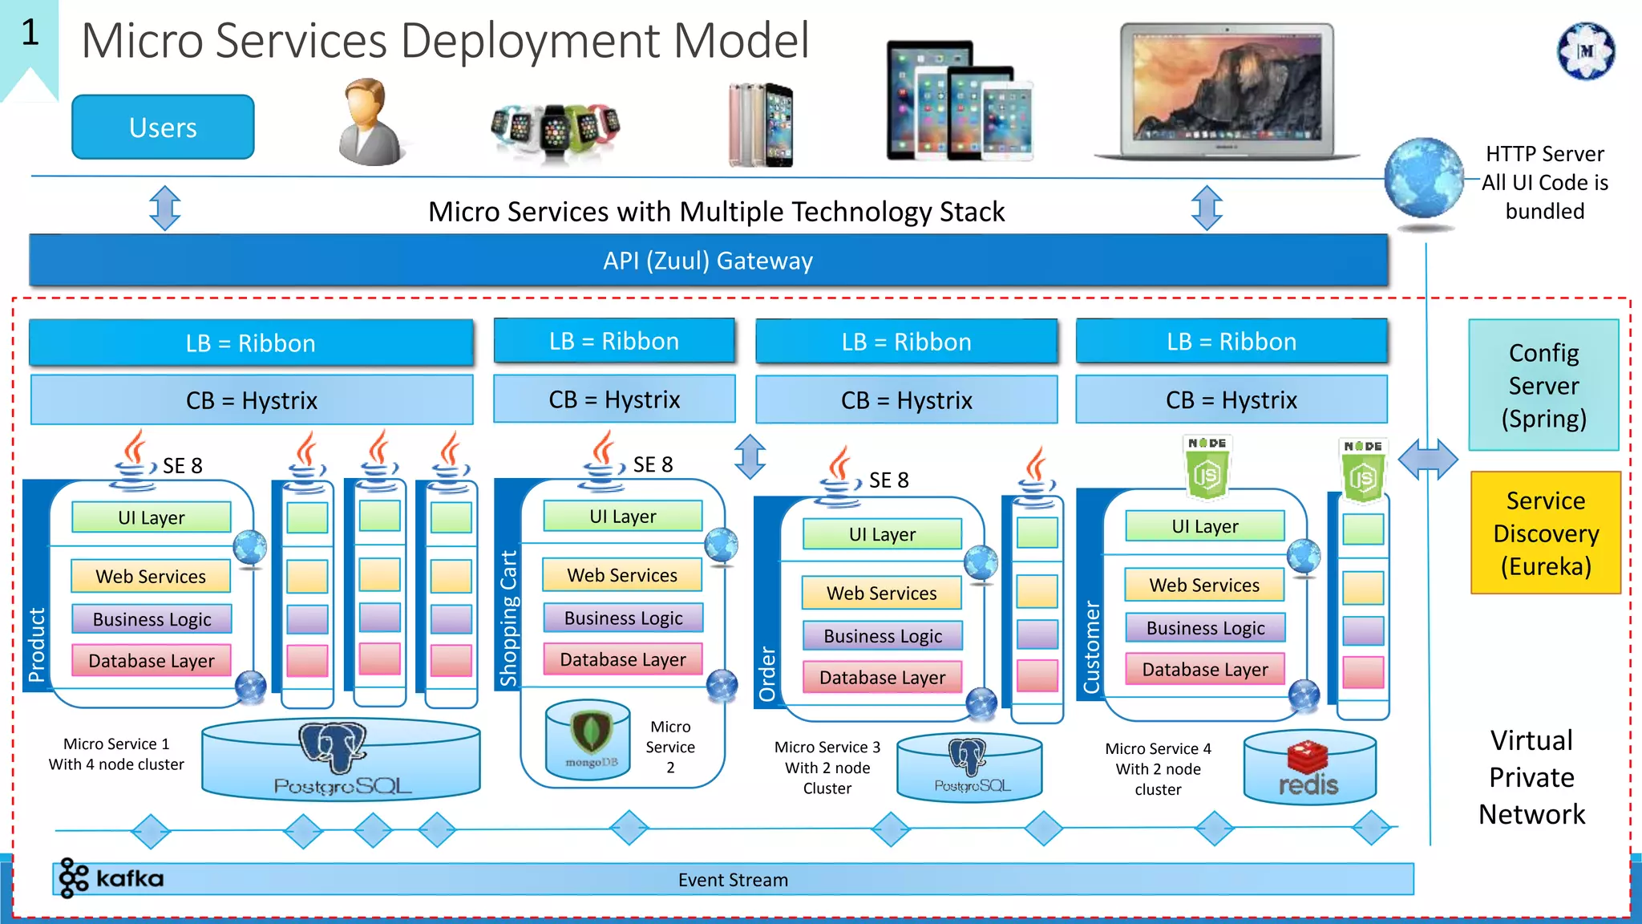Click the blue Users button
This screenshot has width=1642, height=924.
point(163,127)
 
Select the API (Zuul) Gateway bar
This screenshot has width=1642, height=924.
point(708,261)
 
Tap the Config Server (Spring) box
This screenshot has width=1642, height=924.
point(1543,386)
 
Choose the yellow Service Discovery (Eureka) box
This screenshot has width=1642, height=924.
point(1545,533)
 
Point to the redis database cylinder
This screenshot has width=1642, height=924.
point(1308,768)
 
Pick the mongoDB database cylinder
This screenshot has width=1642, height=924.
point(588,740)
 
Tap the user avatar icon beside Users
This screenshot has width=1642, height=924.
point(370,123)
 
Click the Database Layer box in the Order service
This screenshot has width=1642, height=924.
point(882,678)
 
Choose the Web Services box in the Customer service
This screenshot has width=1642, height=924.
point(1204,586)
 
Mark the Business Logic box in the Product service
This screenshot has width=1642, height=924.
point(152,619)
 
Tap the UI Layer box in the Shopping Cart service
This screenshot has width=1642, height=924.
point(623,517)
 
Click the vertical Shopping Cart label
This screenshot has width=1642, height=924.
point(508,618)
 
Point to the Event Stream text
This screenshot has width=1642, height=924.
point(733,880)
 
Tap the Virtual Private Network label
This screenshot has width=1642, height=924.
point(1531,776)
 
